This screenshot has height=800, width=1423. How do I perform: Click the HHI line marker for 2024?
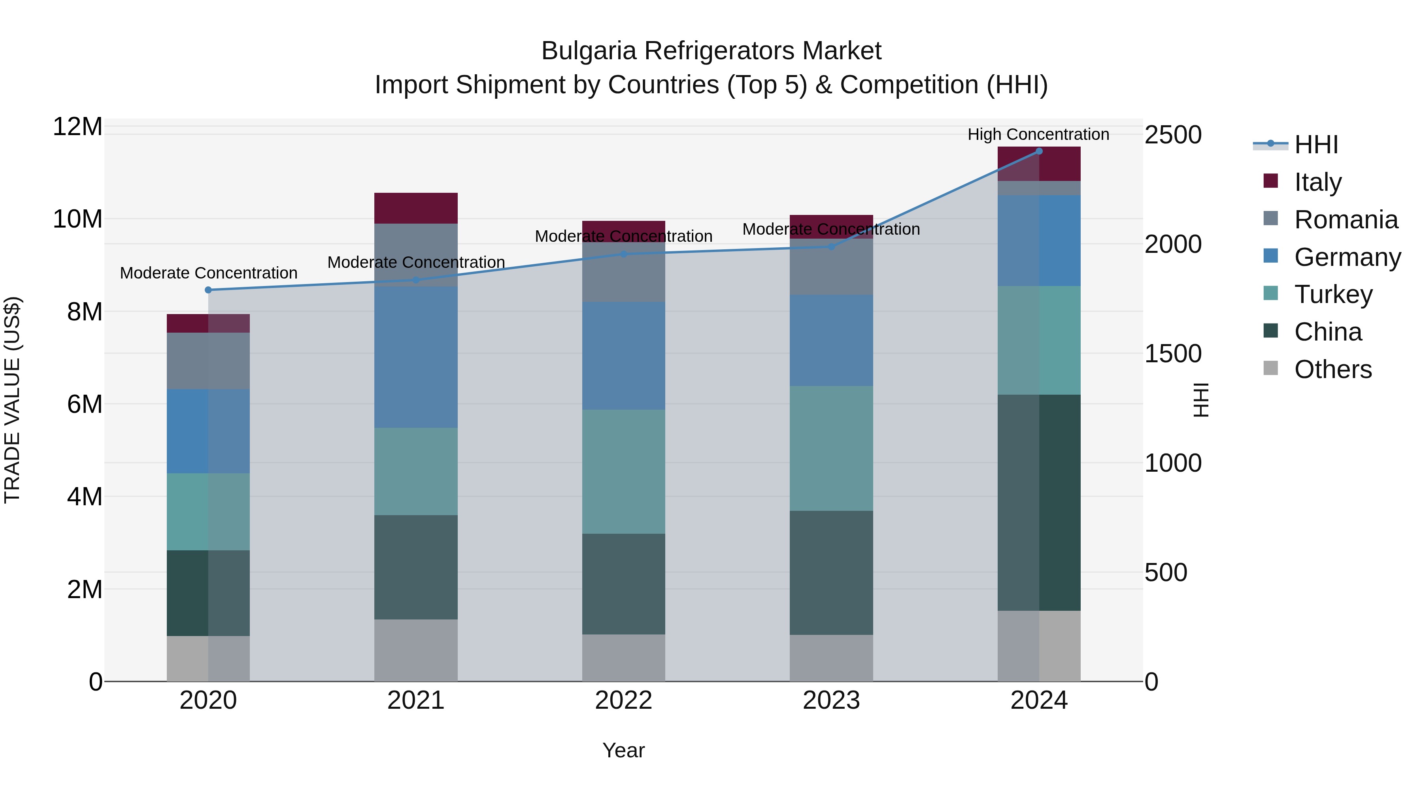[x=1038, y=151]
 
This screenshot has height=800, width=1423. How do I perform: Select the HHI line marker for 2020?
[x=208, y=290]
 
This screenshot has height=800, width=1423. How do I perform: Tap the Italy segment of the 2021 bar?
[x=416, y=208]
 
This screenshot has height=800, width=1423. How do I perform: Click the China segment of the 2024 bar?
[x=1038, y=503]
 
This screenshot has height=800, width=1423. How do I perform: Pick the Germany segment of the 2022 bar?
[x=624, y=356]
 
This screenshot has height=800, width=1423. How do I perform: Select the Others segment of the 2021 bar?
[x=416, y=650]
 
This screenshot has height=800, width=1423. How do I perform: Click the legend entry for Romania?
[x=1346, y=220]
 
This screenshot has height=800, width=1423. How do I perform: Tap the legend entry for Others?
[x=1332, y=369]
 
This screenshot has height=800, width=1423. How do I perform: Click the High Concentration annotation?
[x=1038, y=134]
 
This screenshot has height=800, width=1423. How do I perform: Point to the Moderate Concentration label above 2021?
[x=416, y=262]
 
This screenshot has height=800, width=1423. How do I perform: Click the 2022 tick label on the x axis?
[x=624, y=700]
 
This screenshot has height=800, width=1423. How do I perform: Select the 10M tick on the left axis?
[x=77, y=219]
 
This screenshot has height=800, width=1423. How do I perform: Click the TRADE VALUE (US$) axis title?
[x=12, y=400]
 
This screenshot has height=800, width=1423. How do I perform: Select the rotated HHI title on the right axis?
[x=1201, y=400]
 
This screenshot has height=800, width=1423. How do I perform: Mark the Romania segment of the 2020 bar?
[x=208, y=361]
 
